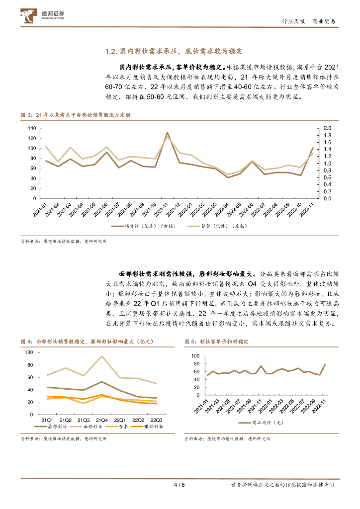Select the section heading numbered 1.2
tap(174, 51)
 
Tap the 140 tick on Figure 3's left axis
tap(32, 128)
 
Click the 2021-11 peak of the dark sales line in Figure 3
tap(167, 133)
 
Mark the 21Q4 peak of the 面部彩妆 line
tap(101, 356)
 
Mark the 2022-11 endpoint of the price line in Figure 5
tap(326, 364)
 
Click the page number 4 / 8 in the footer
tap(180, 485)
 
